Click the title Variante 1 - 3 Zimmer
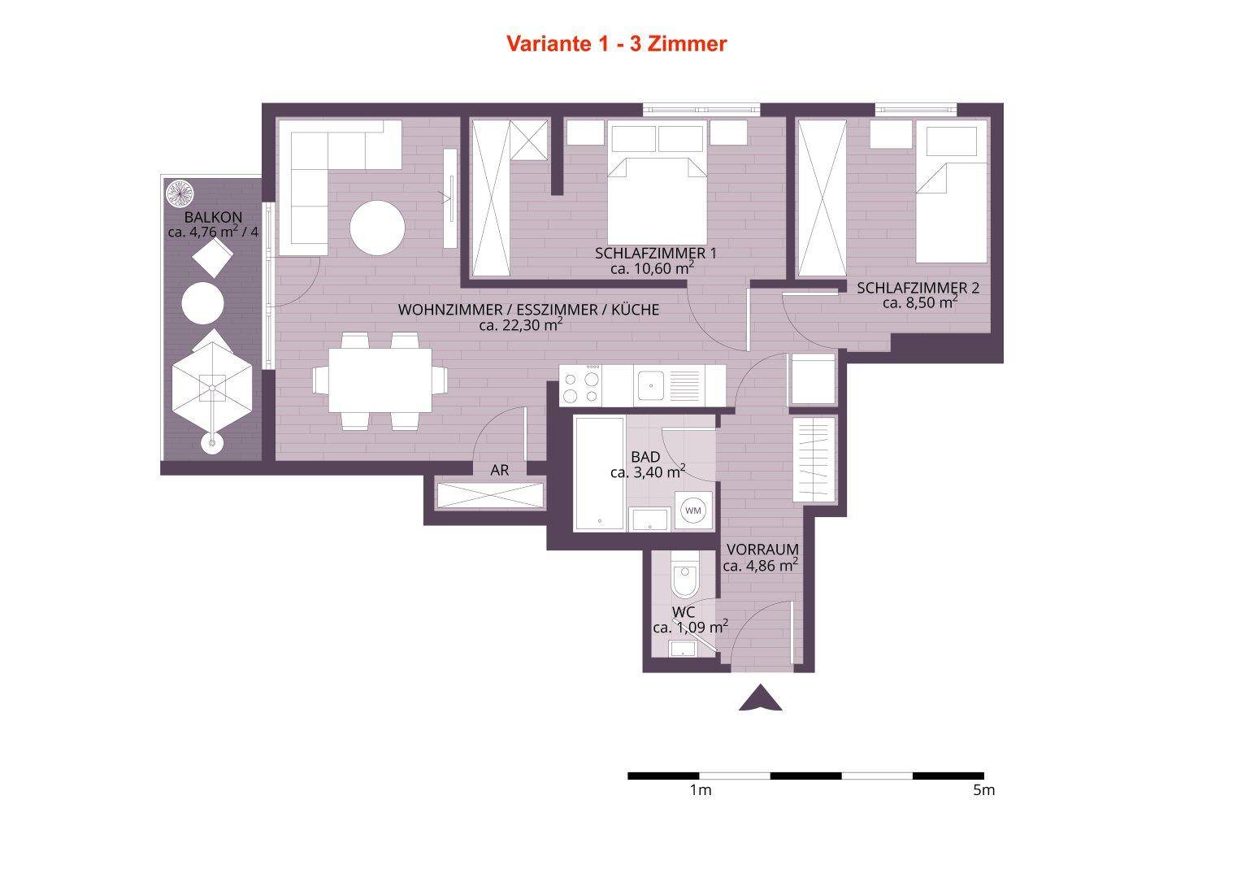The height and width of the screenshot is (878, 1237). coord(616,44)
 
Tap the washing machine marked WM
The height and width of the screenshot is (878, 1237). coord(693,511)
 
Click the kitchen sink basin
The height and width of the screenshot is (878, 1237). coord(651,385)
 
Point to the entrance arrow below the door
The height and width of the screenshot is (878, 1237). coord(761,698)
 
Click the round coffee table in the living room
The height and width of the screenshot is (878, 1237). coord(377,228)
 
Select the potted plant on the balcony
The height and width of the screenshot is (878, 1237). coord(180,193)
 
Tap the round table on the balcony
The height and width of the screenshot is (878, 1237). coord(202,302)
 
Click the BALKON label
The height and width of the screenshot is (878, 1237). coord(213,217)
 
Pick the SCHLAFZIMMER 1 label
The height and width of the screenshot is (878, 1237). coord(656,254)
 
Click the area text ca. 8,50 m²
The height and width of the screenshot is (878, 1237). coord(920,302)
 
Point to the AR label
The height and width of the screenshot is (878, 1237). coord(499,470)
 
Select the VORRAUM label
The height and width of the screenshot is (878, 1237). coord(762,550)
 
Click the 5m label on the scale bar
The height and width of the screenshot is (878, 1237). coord(984,790)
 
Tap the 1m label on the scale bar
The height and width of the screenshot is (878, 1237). coord(701,790)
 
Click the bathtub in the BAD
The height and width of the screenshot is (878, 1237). coord(600,473)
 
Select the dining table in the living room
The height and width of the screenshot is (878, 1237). coord(380,380)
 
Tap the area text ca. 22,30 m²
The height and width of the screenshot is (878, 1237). coord(521,324)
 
